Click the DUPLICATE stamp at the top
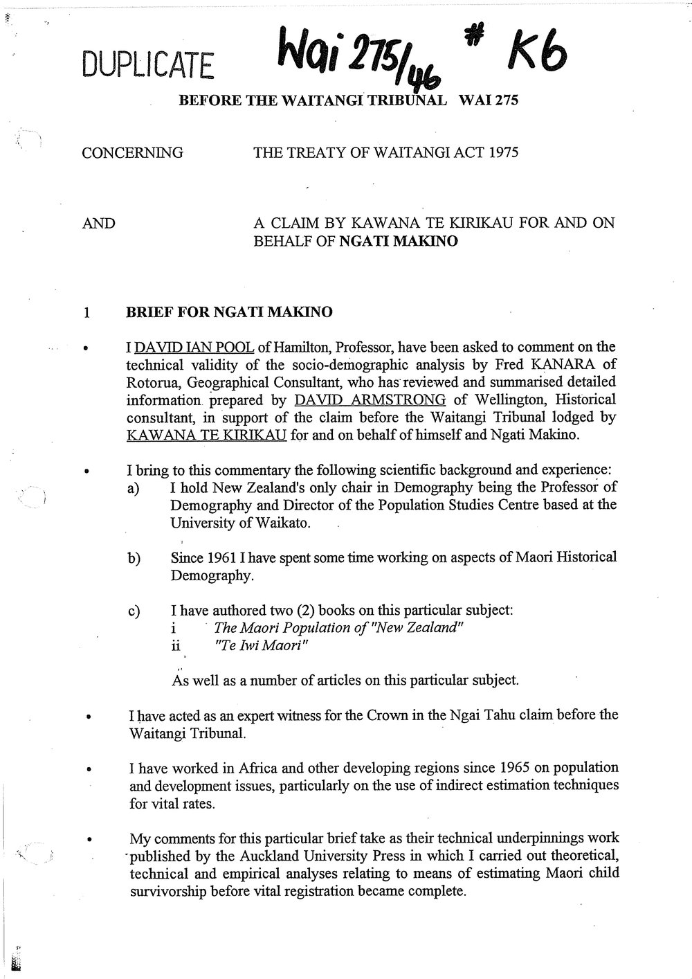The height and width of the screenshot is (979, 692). [148, 65]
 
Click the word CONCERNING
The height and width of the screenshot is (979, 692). [132, 153]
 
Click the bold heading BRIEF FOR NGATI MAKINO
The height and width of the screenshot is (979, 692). [228, 312]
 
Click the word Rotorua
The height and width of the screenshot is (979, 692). [151, 382]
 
